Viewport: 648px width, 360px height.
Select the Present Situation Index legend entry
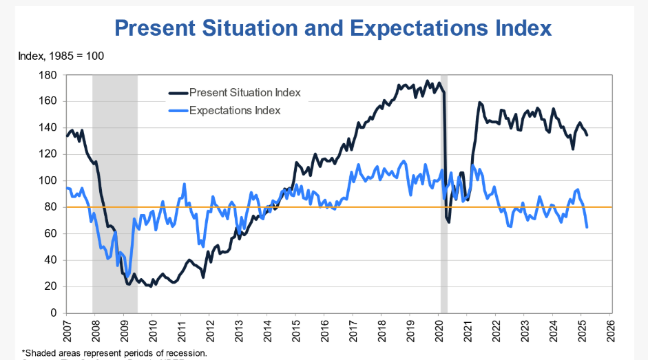click(244, 92)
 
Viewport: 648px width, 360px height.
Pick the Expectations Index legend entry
click(234, 110)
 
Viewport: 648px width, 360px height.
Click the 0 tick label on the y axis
click(52, 313)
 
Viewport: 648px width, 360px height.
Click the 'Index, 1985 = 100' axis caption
click(61, 55)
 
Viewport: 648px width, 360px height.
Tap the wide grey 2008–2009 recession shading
click(115, 172)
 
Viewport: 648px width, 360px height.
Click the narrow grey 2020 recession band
click(444, 275)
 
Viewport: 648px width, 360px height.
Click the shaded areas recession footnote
click(114, 352)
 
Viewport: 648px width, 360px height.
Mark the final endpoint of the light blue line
click(587, 227)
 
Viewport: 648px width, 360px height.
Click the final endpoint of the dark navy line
click(587, 135)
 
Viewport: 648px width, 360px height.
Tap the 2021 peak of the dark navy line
click(479, 103)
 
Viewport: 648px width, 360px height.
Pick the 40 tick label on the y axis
click(50, 260)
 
